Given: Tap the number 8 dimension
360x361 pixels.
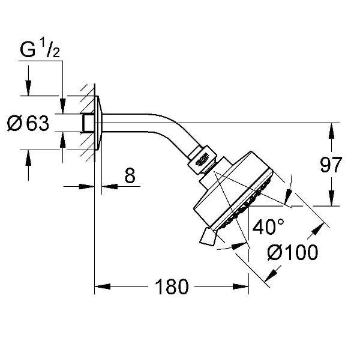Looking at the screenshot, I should point(129,176).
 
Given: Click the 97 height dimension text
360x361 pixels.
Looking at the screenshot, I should point(330,165).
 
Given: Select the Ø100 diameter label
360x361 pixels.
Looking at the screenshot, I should point(293,253).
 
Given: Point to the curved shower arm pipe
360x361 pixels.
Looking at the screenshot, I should point(156,124).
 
